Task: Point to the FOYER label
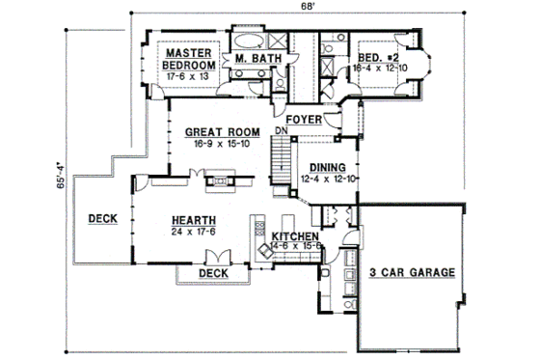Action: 304,121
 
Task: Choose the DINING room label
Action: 330,167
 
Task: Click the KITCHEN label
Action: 294,236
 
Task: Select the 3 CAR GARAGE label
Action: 412,273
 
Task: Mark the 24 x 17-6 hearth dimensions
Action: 193,231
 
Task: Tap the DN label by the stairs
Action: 283,129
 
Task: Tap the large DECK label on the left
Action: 101,219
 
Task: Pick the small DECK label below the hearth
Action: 212,273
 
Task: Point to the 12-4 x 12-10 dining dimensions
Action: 330,179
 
